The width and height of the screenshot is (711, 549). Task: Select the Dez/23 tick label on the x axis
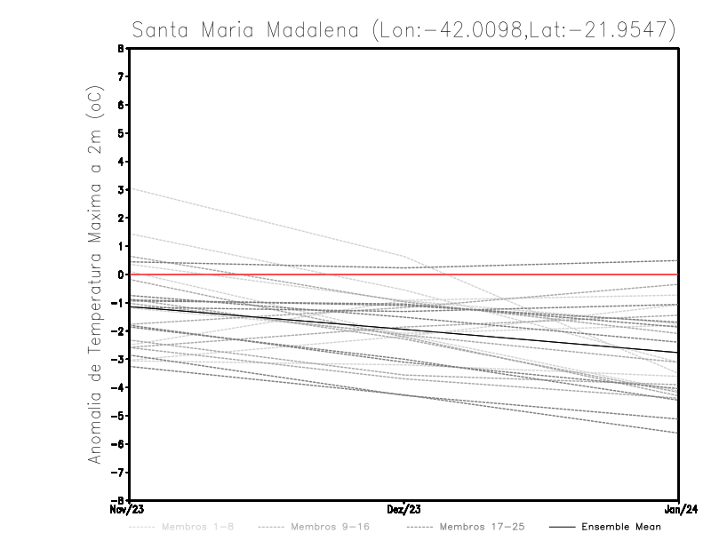[404, 510]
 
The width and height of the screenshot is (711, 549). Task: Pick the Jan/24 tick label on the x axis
[679, 510]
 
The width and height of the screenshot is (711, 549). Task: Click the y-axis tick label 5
[120, 133]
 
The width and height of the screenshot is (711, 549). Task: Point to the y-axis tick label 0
[120, 274]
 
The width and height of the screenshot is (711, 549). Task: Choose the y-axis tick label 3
[120, 190]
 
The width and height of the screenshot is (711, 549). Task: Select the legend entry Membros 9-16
[330, 527]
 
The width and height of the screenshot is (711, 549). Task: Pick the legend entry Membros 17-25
[482, 527]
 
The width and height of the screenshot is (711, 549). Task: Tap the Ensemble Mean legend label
[621, 527]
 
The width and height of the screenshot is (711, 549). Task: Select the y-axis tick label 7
[120, 77]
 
